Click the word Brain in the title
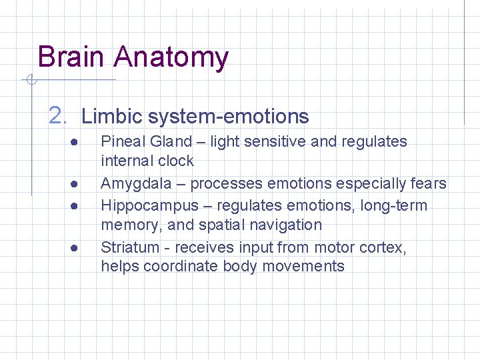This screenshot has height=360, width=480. pos(71,57)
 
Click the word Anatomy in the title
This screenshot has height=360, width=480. pos(171,58)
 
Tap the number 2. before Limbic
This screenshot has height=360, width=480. pos(59,116)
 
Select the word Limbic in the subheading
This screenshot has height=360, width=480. pos(111,117)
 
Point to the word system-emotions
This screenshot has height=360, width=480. pos(229,117)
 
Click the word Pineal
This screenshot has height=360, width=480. pos(123,141)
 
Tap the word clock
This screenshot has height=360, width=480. pos(176,161)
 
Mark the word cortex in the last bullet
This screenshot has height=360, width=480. pos(381,247)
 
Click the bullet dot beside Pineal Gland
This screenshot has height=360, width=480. pos(77,142)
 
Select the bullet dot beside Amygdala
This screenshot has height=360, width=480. pos(77,184)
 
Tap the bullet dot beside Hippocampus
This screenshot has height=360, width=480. pos(77,206)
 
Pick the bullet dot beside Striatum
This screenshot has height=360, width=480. pos(77,248)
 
